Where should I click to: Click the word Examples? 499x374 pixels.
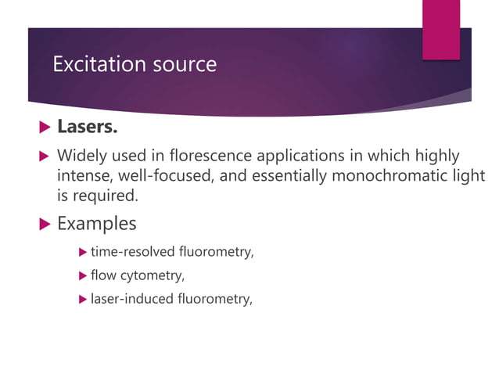97,224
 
